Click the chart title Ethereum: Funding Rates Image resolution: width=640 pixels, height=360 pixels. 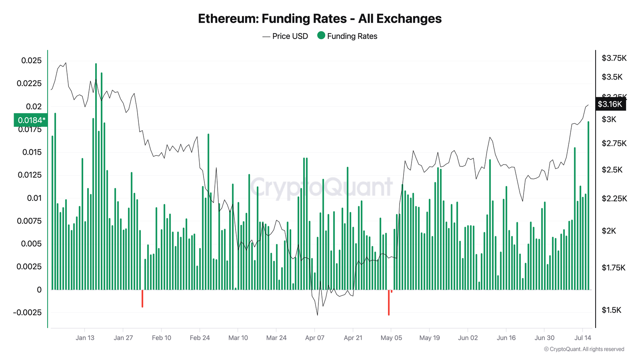(x=320, y=19)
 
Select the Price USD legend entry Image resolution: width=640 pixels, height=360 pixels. (x=285, y=36)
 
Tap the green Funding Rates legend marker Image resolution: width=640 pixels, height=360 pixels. (x=321, y=36)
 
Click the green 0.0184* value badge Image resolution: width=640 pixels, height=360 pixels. (x=31, y=120)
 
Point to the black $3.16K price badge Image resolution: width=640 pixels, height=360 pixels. (x=610, y=104)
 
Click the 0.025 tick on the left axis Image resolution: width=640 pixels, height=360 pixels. (x=31, y=60)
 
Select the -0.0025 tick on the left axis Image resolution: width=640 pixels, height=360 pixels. (x=27, y=312)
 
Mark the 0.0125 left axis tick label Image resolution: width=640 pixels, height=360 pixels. (x=29, y=175)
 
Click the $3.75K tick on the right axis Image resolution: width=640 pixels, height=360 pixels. (x=614, y=58)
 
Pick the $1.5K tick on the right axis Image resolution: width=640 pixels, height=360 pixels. (x=611, y=310)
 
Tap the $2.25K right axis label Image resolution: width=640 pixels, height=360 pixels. (x=614, y=198)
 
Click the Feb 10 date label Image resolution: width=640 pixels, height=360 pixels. (x=161, y=338)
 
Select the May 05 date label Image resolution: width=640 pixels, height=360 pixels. (x=391, y=338)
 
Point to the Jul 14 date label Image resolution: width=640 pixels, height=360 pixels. (x=582, y=338)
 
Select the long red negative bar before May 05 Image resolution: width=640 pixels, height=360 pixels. (x=388, y=303)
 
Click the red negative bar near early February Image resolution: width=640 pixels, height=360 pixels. (x=142, y=299)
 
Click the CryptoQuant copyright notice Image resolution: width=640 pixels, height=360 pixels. (x=584, y=349)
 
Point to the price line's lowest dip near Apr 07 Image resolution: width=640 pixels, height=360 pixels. (x=318, y=314)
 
